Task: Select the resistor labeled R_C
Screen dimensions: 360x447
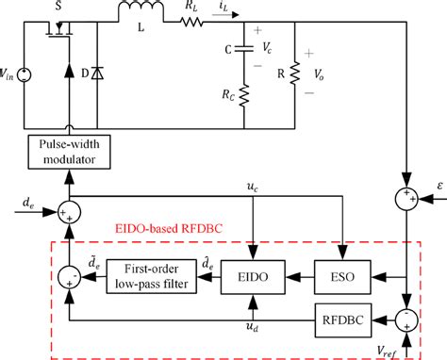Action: [242, 94]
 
